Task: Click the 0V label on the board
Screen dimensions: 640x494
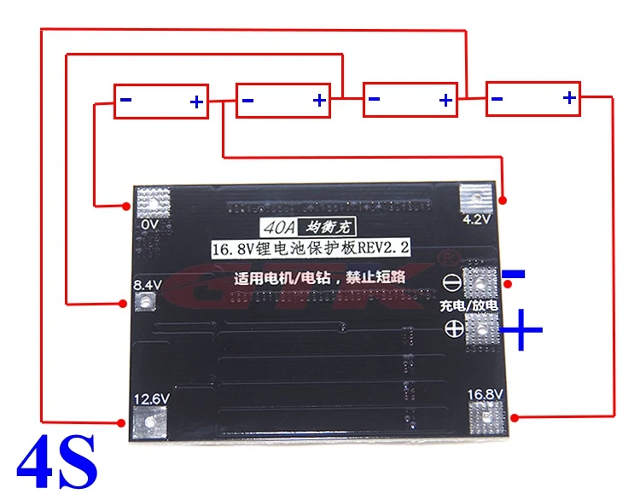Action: pyautogui.click(x=151, y=224)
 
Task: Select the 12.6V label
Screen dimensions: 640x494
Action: pyautogui.click(x=151, y=398)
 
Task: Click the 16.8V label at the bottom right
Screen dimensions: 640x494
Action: pyautogui.click(x=485, y=394)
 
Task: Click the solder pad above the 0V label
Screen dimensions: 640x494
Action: pyautogui.click(x=154, y=201)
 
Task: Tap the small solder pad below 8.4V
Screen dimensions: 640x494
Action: pyautogui.click(x=145, y=301)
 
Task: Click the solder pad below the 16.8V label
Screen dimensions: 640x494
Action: pyautogui.click(x=485, y=418)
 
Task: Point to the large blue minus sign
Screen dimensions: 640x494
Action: pyautogui.click(x=514, y=275)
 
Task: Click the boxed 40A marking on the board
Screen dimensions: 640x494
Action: pyautogui.click(x=276, y=228)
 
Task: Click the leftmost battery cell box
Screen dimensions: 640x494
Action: pyautogui.click(x=162, y=101)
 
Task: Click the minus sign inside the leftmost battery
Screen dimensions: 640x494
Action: pyautogui.click(x=125, y=101)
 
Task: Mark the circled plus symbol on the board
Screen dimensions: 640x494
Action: pyautogui.click(x=454, y=330)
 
